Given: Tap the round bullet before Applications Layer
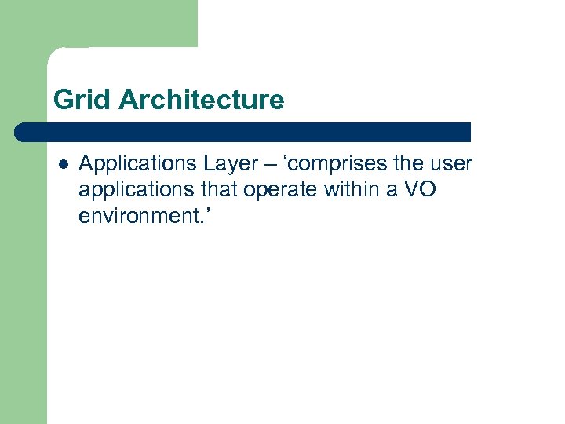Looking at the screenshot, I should click(x=63, y=164).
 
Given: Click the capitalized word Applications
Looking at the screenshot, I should click(x=129, y=164).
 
